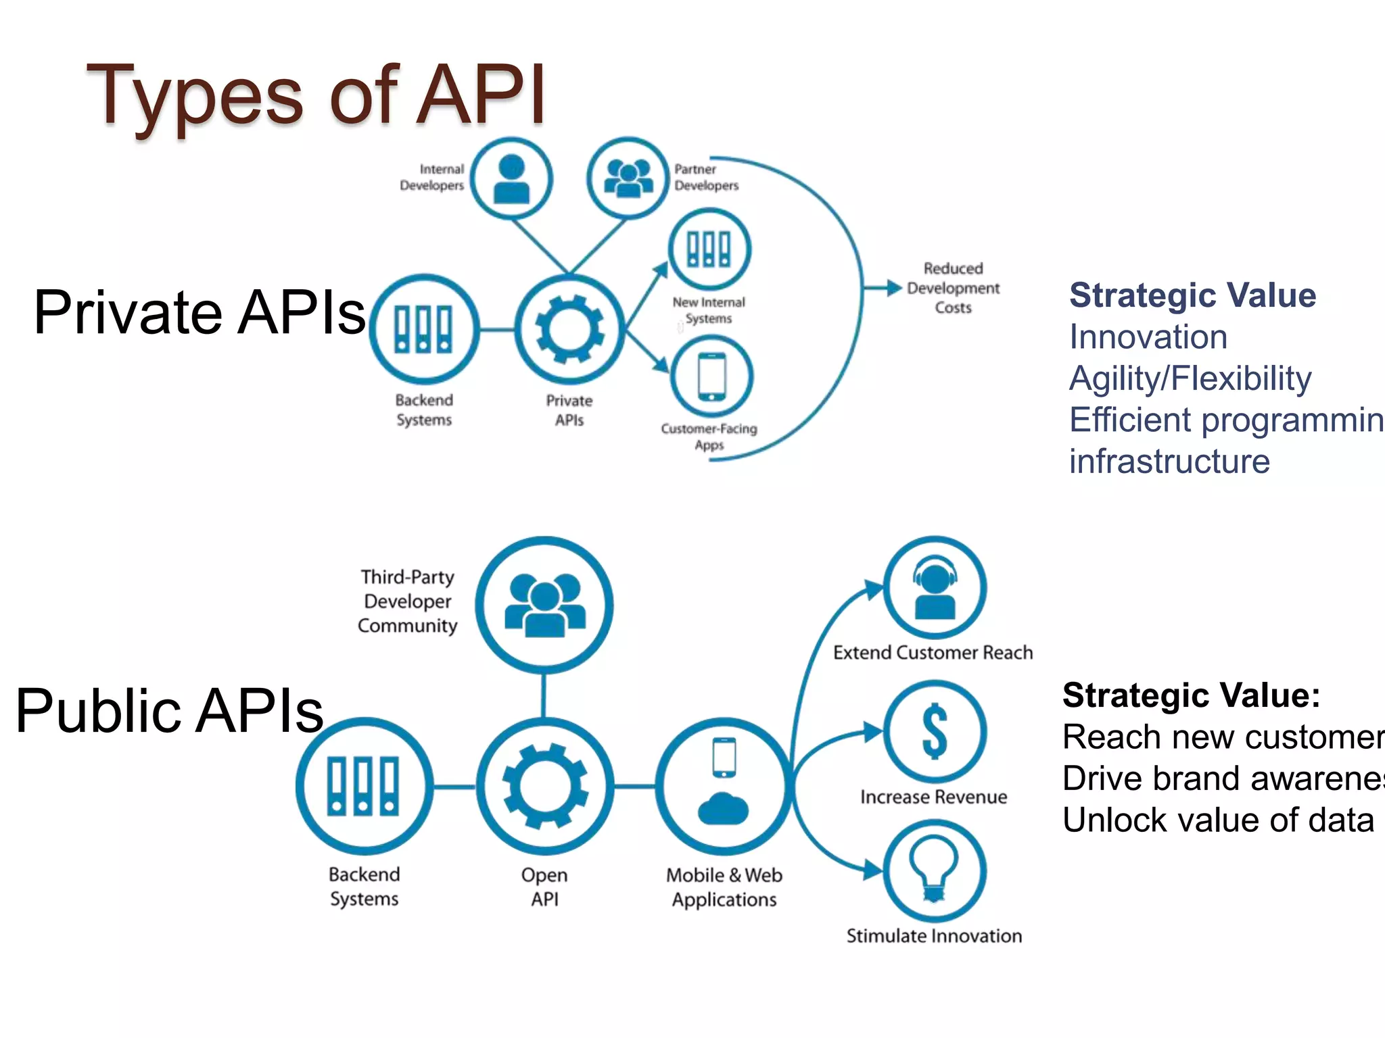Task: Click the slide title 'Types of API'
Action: pos(316,95)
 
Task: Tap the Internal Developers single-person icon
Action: pos(511,178)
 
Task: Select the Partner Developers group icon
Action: pos(628,178)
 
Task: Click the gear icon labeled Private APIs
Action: pos(569,330)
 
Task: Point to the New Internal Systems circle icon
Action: pos(709,249)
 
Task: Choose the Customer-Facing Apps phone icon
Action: pos(711,376)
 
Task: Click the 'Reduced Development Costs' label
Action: pos(952,288)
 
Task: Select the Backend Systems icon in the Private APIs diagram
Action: pos(424,329)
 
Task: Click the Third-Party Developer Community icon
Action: pos(544,605)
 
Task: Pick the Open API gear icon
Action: pos(545,786)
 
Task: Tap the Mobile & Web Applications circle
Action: pos(724,786)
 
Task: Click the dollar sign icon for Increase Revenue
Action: pos(935,731)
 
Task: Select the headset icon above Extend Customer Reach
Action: pos(935,588)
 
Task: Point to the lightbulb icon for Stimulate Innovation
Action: pos(934,871)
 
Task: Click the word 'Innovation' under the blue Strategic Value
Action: pos(1148,337)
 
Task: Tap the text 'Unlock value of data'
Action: pos(1218,820)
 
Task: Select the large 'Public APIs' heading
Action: pos(170,710)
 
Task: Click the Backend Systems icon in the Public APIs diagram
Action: pos(364,786)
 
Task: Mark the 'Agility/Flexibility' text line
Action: pos(1190,378)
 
